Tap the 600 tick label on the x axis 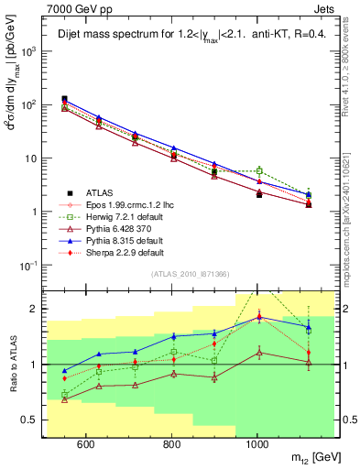(x=85, y=445)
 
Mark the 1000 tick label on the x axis (x=259, y=445)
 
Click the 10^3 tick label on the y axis (x=28, y=51)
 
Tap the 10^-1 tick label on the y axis (x=28, y=265)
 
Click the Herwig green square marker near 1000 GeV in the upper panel (x=259, y=170)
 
